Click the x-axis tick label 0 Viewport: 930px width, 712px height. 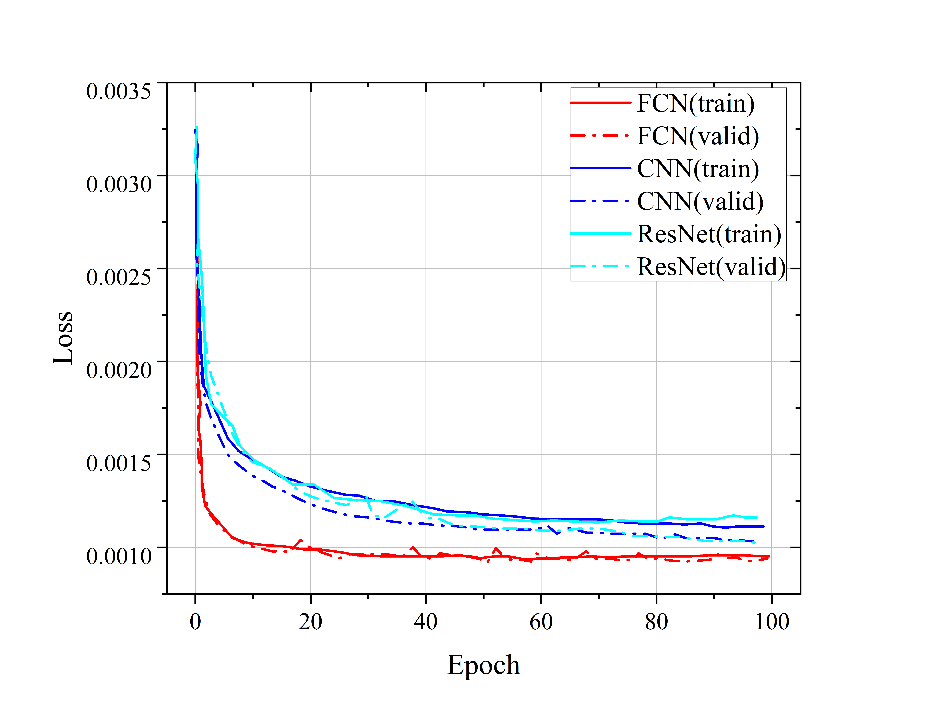click(195, 622)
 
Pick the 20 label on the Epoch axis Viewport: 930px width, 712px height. click(311, 622)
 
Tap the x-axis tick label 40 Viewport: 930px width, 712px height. click(426, 622)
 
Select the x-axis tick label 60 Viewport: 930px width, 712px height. click(541, 622)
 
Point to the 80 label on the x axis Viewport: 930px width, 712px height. click(656, 622)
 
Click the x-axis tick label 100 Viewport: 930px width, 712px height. click(772, 622)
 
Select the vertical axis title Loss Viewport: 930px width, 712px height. click(63, 338)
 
